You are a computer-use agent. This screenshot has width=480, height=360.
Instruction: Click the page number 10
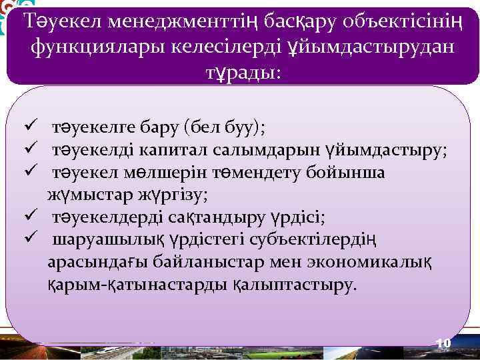[x=443, y=343]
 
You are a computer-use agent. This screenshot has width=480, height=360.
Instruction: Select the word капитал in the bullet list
[x=174, y=149]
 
